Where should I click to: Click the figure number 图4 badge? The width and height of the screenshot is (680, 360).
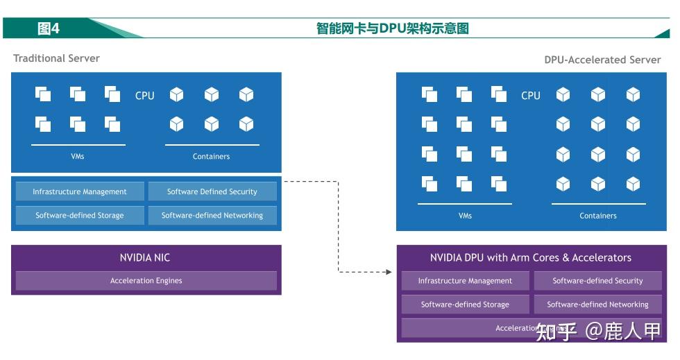click(x=49, y=28)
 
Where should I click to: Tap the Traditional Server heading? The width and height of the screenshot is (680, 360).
click(x=56, y=58)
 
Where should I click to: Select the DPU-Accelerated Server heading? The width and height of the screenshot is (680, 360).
click(x=602, y=60)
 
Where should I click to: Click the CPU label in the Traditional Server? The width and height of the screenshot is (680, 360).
click(x=144, y=96)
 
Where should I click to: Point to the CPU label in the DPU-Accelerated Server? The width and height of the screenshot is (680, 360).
click(x=530, y=96)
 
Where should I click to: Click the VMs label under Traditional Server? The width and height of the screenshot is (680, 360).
click(x=78, y=156)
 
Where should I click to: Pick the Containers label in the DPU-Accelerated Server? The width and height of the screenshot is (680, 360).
click(x=597, y=216)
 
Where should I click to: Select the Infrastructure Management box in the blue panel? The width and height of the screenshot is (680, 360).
click(x=80, y=191)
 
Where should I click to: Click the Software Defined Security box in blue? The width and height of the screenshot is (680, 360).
click(x=212, y=191)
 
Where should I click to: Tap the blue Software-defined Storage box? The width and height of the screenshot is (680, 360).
click(x=80, y=215)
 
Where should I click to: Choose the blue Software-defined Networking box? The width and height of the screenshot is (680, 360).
click(x=212, y=215)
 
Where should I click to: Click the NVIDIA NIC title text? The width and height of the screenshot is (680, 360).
click(x=145, y=257)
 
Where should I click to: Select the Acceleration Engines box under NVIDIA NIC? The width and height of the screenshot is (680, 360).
click(x=146, y=281)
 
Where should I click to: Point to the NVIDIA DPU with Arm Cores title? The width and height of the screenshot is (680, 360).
click(x=530, y=257)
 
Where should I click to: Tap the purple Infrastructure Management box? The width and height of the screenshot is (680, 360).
click(x=465, y=281)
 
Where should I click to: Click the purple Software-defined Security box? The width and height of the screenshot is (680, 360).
click(x=597, y=281)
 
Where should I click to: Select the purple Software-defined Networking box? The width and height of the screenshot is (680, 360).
click(x=597, y=305)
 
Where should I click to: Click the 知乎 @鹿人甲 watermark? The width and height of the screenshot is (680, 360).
click(x=598, y=332)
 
